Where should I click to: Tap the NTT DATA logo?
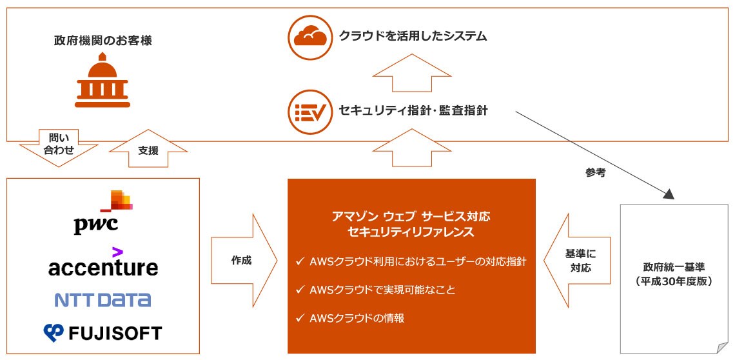[x=103, y=300]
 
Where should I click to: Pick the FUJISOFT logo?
[x=103, y=333]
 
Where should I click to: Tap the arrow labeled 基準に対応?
[x=579, y=261]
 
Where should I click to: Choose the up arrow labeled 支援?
[x=148, y=150]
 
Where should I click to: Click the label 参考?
[x=595, y=174]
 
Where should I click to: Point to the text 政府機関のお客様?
[x=103, y=41]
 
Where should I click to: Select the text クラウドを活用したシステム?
[x=413, y=36]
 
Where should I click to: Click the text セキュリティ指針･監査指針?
[x=413, y=111]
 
